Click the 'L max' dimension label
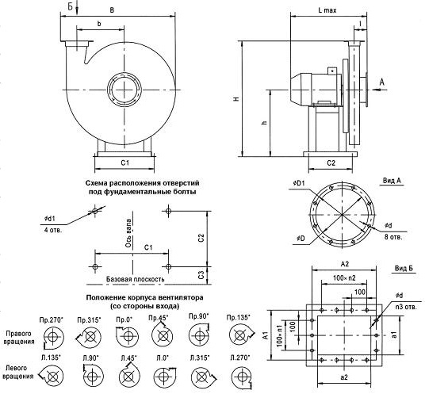click(x=327, y=10)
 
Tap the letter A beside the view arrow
click(x=381, y=82)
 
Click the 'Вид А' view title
click(x=392, y=181)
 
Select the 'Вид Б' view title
click(x=404, y=269)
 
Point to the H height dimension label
click(x=237, y=99)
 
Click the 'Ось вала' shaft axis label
click(x=128, y=233)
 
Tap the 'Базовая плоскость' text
click(x=136, y=279)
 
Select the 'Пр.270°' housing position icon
click(x=53, y=338)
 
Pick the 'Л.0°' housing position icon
click(x=164, y=376)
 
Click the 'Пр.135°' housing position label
click(x=238, y=317)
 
